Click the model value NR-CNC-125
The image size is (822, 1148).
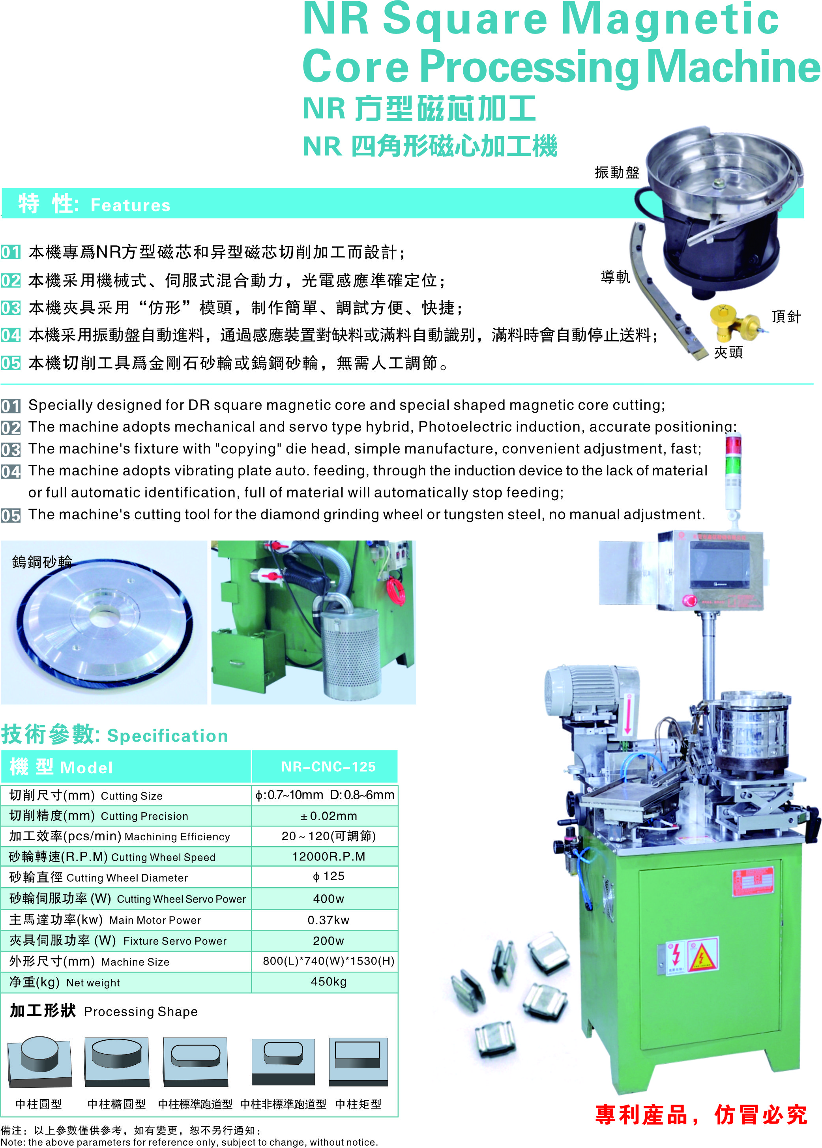pyautogui.click(x=328, y=767)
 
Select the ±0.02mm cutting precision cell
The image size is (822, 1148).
pyautogui.click(x=328, y=815)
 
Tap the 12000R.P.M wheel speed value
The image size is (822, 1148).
pyautogui.click(x=328, y=856)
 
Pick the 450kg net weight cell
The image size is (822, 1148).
pyautogui.click(x=328, y=982)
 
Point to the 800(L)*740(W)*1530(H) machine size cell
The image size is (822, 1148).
pyautogui.click(x=328, y=961)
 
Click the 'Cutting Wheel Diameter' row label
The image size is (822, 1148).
pyautogui.click(x=127, y=878)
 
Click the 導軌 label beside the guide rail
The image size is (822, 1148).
pyautogui.click(x=615, y=277)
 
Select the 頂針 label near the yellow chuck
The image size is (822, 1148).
pyautogui.click(x=786, y=317)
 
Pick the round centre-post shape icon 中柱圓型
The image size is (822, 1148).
pyautogui.click(x=39, y=1060)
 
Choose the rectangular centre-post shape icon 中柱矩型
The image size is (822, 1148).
pyautogui.click(x=358, y=1060)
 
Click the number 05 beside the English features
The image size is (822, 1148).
pyautogui.click(x=11, y=516)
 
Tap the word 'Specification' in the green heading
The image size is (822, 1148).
pyautogui.click(x=168, y=736)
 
